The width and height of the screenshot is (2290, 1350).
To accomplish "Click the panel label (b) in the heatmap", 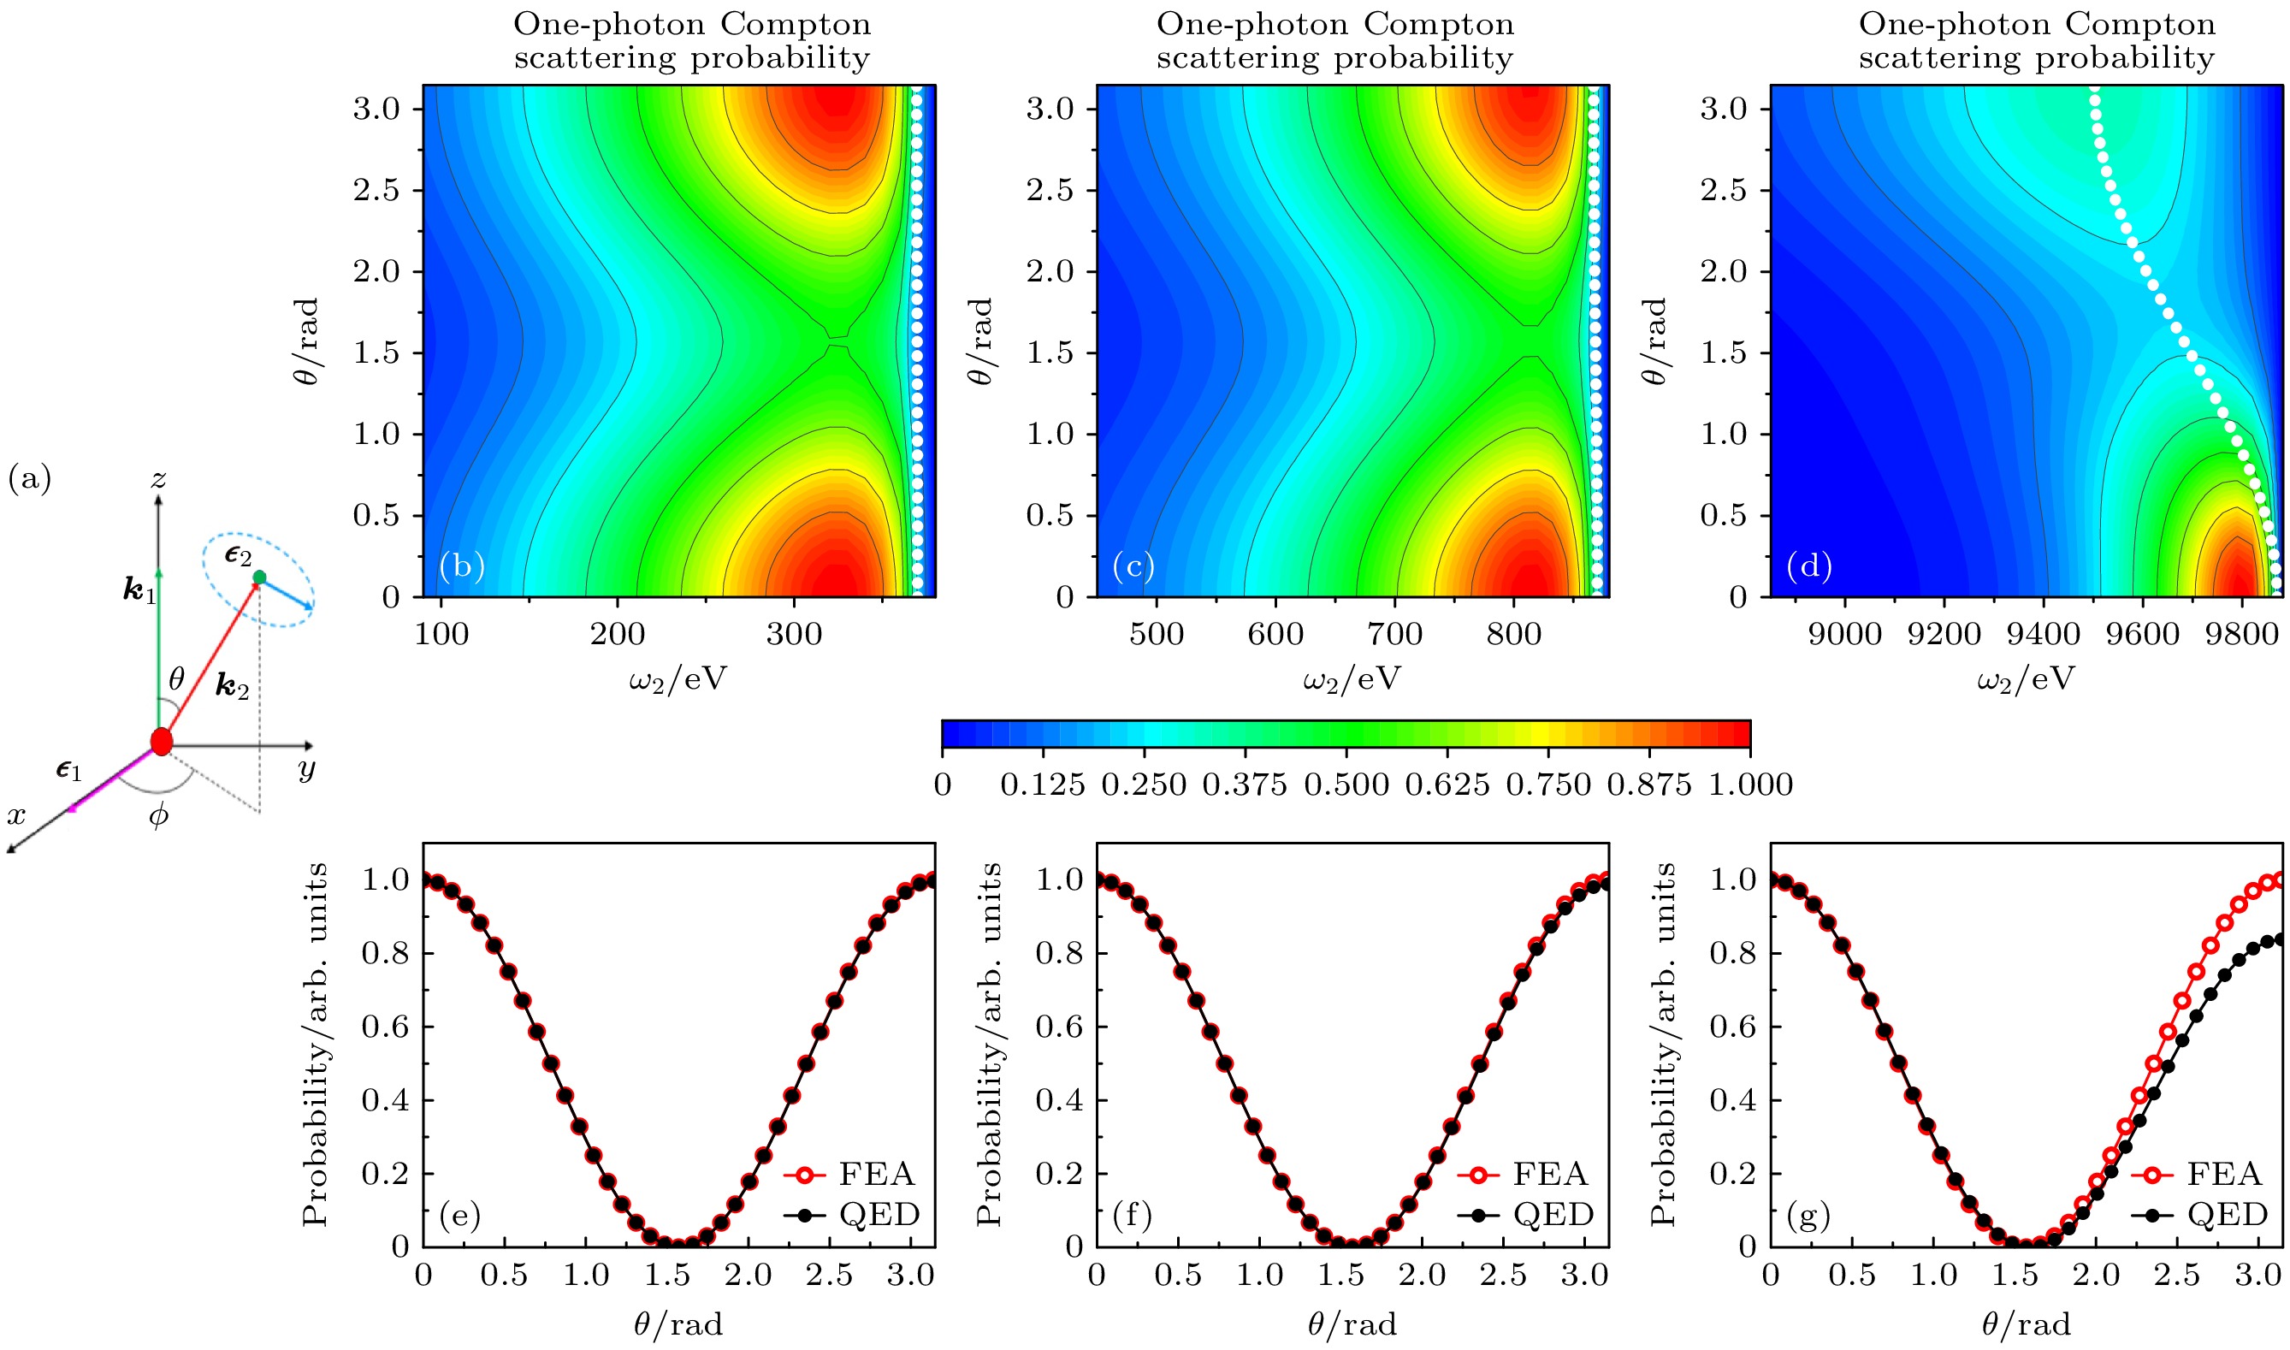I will coord(461,566).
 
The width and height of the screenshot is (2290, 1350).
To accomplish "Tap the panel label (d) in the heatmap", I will coord(1808,566).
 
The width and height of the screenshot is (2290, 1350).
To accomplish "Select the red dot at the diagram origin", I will coord(161,742).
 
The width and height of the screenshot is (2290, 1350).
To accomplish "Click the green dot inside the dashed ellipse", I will coord(259,577).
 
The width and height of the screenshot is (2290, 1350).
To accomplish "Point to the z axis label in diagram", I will coord(159,478).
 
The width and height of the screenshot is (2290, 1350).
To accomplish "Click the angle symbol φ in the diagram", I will coord(158,816).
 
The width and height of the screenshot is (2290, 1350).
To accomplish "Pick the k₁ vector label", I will coord(140,591).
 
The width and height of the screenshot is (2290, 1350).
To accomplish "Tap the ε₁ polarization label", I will coord(69,771).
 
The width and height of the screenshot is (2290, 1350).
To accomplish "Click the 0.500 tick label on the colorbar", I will coord(1346,785).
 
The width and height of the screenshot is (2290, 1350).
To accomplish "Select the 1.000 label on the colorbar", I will coord(1749,785).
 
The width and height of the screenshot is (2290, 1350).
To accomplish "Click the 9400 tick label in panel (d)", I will coord(2043,633).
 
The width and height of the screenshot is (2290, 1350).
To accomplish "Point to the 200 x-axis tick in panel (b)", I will coord(618,633).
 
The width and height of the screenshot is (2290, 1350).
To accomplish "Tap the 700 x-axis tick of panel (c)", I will coord(1395,633).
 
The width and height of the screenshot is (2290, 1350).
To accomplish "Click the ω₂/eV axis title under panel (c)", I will coord(1352,678).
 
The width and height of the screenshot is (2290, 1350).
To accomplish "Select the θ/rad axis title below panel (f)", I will coord(1352,1324).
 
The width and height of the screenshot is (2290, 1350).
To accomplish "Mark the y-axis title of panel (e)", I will coord(315,1045).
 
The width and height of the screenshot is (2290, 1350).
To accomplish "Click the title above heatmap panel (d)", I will coord(2036,41).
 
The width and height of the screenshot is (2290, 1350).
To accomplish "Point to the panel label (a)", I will coord(29,478).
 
